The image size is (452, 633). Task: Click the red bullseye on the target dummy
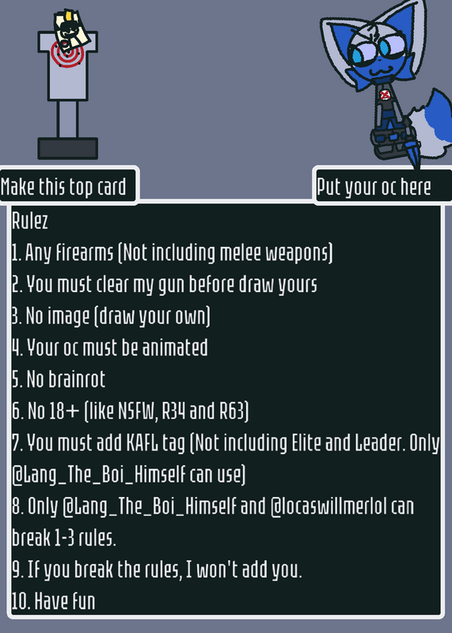pos(67,54)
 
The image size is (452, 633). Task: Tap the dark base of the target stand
pos(68,148)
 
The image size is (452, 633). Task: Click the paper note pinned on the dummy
pos(71,29)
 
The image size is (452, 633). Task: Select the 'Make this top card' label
pos(63,188)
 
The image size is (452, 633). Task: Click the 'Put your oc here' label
pos(374,188)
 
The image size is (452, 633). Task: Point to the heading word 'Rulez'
pos(30,221)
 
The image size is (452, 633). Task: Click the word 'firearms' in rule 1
pos(85,252)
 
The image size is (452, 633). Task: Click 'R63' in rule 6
pos(234,411)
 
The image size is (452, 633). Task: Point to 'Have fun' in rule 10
pos(65,601)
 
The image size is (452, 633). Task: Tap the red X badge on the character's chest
pos(385,95)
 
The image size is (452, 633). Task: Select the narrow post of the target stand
pos(67,119)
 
